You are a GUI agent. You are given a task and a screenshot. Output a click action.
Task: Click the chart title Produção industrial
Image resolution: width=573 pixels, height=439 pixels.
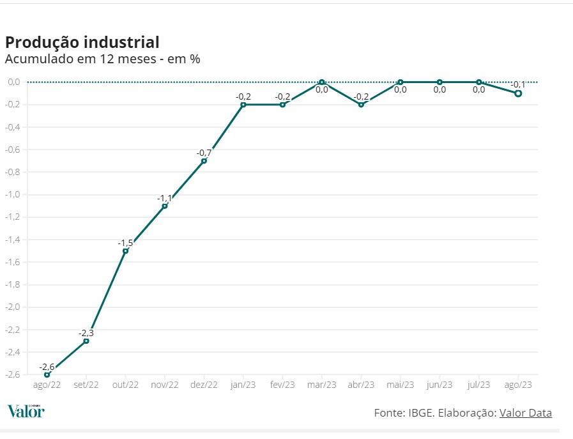(82, 42)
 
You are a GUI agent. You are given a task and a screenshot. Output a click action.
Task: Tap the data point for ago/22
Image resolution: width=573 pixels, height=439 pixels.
(47, 374)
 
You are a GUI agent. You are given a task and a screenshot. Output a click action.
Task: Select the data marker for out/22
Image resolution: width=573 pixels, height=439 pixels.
(125, 250)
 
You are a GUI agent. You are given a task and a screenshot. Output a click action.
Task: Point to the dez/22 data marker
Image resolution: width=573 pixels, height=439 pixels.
(204, 161)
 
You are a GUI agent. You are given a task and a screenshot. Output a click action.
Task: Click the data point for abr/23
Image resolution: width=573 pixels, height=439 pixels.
(361, 104)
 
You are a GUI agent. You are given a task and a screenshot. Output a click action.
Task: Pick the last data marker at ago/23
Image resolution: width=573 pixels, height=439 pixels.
(518, 93)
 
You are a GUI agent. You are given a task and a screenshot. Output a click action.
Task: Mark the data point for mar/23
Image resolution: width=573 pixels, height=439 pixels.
(322, 82)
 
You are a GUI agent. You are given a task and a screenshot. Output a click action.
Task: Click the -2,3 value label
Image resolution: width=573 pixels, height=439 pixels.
(86, 333)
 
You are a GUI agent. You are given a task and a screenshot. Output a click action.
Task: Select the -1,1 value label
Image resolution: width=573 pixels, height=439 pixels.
(165, 198)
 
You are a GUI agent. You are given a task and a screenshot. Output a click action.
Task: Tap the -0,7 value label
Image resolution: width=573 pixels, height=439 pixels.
(204, 153)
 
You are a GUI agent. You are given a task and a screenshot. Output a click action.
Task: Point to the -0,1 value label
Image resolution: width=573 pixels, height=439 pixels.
(518, 84)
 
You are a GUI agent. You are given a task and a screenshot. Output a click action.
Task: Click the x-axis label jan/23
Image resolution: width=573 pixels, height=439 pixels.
(243, 385)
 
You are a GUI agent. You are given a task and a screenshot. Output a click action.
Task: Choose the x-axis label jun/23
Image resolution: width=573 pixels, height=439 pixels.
(439, 385)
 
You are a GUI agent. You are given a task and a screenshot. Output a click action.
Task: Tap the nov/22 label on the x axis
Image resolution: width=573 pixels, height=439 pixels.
(165, 385)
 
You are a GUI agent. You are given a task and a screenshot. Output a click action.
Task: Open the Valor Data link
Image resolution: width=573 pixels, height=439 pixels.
(525, 413)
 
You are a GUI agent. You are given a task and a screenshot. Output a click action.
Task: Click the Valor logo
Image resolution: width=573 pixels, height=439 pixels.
(26, 411)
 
